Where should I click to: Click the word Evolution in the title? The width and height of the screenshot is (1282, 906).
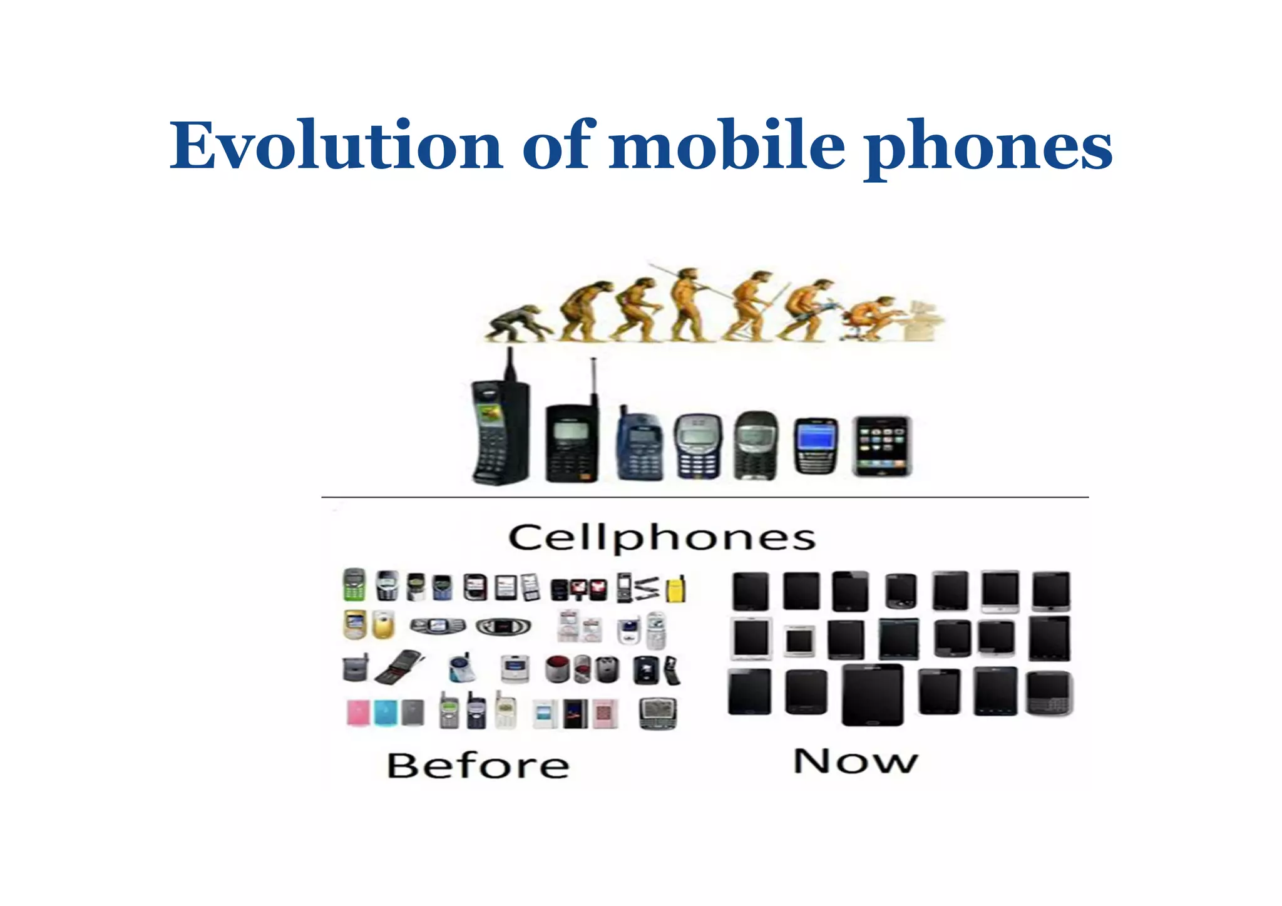point(336,146)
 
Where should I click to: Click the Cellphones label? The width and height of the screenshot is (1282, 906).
point(662,538)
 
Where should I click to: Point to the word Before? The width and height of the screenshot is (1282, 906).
point(478,765)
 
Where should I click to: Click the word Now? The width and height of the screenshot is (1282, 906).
point(855,761)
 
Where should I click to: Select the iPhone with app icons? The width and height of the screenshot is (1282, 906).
point(881,446)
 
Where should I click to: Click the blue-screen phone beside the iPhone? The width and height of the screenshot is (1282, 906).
point(816,446)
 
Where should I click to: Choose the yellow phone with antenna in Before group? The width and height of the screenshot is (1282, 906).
point(676,589)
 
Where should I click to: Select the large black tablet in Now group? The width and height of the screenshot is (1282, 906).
point(873,695)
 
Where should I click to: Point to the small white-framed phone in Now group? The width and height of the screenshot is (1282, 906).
point(800,641)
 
